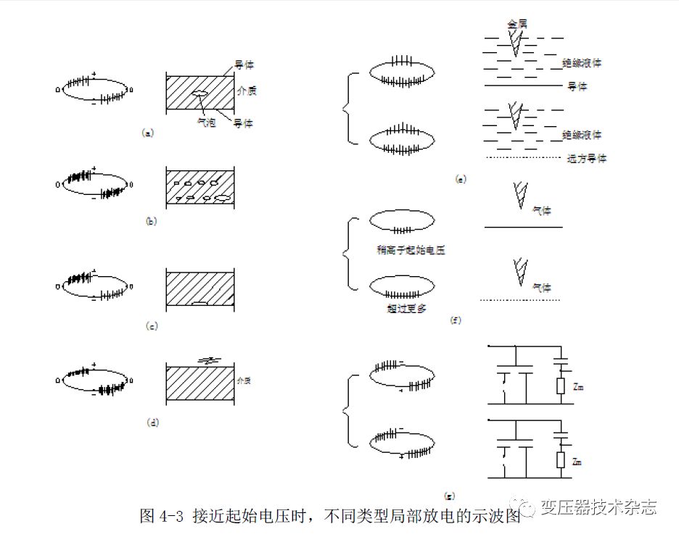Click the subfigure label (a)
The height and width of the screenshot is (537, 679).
tap(148, 133)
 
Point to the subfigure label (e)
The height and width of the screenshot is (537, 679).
tap(460, 178)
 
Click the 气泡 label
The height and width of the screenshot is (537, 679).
tap(207, 122)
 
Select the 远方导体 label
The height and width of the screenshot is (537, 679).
tap(586, 158)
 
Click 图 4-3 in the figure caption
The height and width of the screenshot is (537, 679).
tap(162, 515)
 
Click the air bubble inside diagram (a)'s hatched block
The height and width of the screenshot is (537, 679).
tap(199, 93)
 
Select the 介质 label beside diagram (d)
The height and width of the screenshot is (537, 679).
tap(244, 379)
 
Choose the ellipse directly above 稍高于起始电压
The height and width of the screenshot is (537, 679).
tap(402, 220)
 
